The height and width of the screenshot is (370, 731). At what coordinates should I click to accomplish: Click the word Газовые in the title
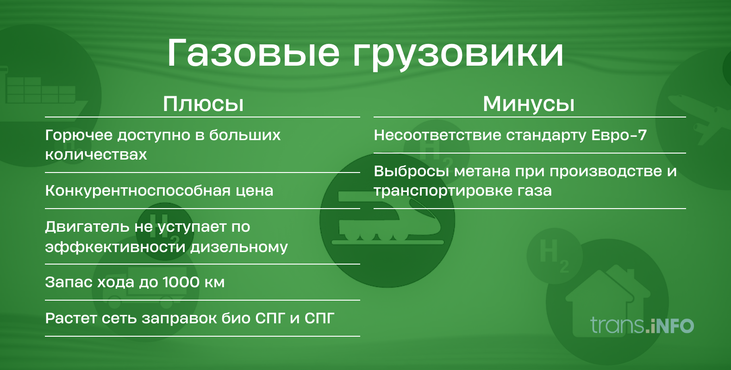pyautogui.click(x=253, y=53)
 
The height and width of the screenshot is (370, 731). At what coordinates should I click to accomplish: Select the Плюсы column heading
pyautogui.click(x=203, y=104)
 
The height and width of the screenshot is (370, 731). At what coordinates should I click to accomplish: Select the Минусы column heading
pyautogui.click(x=529, y=104)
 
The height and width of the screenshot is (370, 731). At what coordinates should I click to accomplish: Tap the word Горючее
pyautogui.click(x=79, y=136)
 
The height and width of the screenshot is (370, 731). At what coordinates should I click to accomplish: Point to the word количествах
pyautogui.click(x=96, y=154)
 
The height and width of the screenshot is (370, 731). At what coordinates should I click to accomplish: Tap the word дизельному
pyautogui.click(x=239, y=247)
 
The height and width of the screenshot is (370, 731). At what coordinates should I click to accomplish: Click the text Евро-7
pyautogui.click(x=619, y=136)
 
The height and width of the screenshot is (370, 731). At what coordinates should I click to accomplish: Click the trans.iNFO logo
pyautogui.click(x=642, y=325)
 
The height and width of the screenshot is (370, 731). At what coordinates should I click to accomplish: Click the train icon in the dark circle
pyautogui.click(x=387, y=220)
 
